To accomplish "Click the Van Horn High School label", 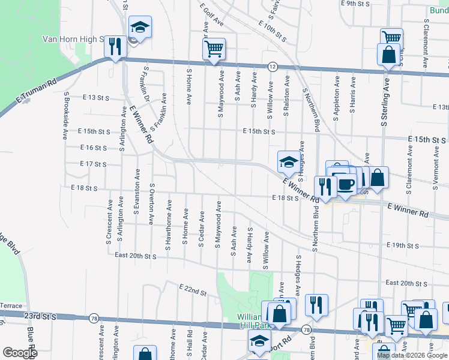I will (74, 40).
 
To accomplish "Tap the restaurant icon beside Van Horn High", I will (115, 47).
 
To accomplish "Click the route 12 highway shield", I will (273, 65).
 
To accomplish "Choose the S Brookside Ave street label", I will (66, 116).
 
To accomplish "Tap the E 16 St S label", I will (94, 148).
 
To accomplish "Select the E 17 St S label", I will (92, 164).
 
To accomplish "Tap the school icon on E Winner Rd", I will (289, 162).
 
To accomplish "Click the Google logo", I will (20, 353).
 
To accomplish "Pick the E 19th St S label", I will (402, 245).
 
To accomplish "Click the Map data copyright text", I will (412, 355).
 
